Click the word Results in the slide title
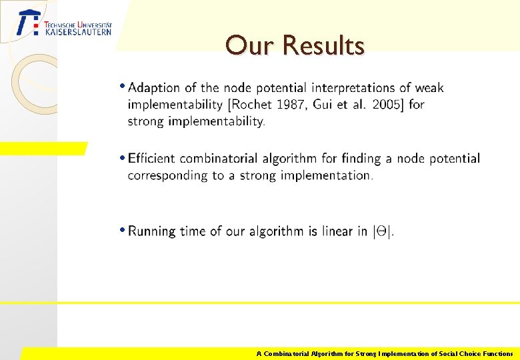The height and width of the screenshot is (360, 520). coord(323,46)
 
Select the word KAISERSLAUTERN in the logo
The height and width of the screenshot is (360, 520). coord(78,31)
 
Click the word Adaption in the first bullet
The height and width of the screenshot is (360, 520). coord(154,87)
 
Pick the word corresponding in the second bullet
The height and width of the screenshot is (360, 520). coord(167,175)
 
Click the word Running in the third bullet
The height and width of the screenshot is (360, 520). coord(153,231)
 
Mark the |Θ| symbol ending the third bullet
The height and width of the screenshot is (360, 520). coord(383,231)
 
